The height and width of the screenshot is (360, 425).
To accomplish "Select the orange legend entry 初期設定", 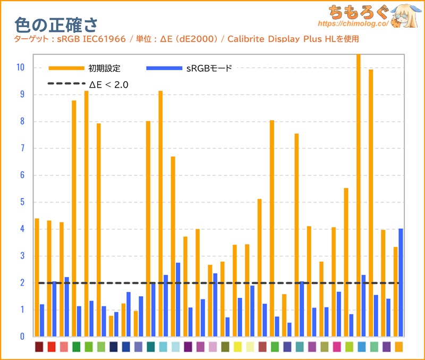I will click(x=105, y=68).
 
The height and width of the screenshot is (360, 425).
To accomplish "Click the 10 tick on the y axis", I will click(x=21, y=68).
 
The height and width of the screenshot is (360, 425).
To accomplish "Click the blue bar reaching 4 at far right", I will click(x=401, y=282).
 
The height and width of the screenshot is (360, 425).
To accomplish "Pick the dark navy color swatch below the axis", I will click(x=113, y=347).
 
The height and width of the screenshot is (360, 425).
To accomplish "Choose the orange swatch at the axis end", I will click(x=398, y=347).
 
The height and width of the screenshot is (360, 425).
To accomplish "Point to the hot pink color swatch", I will click(x=337, y=347).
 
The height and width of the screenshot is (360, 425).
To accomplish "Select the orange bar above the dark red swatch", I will click(x=37, y=277).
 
